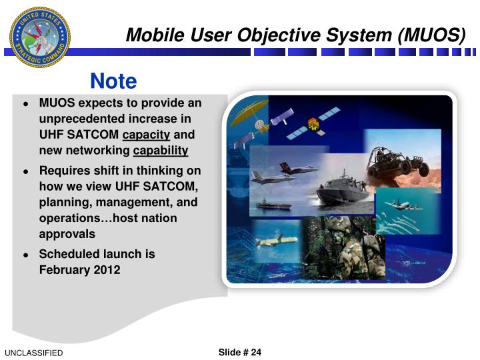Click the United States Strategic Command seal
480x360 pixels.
pos(39,37)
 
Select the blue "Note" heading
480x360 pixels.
pos(113,81)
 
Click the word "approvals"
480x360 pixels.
pos(67,234)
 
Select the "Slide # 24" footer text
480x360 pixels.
pos(240,352)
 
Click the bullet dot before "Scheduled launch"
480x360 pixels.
pos(25,255)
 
